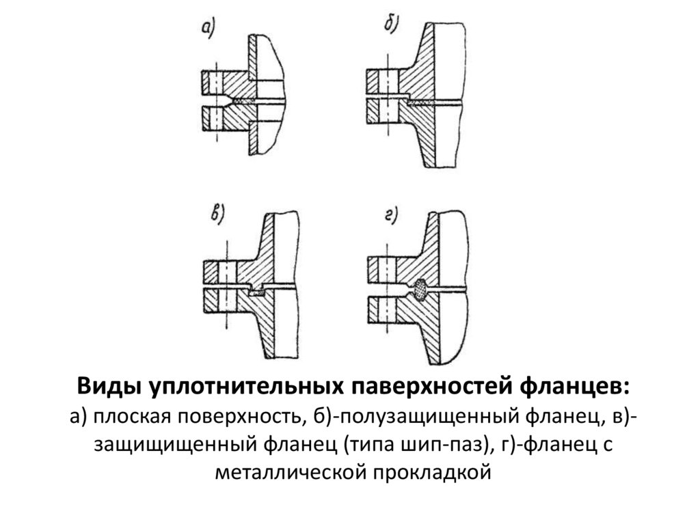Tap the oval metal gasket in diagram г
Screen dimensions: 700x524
point(421,289)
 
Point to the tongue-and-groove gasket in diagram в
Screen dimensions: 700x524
point(257,293)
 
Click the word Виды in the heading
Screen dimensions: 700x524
point(107,387)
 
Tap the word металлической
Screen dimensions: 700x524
point(290,472)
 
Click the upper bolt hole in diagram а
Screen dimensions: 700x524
point(215,83)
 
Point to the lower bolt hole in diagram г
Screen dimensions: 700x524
point(388,311)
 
